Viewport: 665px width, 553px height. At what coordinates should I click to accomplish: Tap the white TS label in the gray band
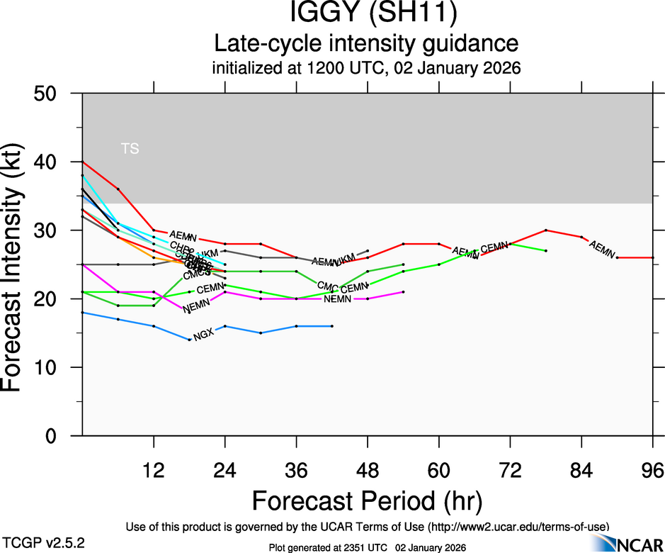130,149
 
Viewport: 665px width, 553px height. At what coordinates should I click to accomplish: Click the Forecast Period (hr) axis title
367,501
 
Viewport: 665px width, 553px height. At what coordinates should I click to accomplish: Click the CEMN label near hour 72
494,247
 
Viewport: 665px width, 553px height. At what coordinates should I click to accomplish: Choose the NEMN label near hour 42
338,299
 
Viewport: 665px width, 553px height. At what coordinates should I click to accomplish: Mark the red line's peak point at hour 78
546,230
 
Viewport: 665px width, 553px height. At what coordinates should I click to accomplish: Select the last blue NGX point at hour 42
332,326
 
